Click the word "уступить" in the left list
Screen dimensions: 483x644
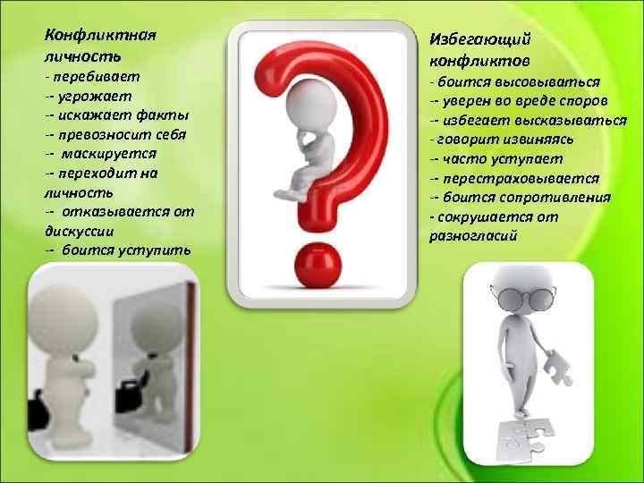(152, 250)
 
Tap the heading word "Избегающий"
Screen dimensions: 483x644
(480, 40)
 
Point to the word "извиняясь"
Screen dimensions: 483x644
(536, 140)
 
